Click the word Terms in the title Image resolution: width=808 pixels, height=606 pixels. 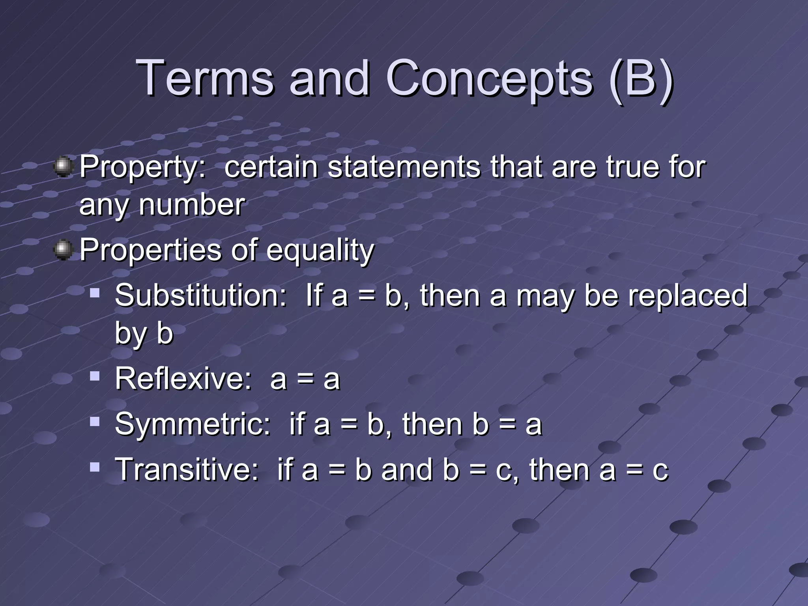coord(205,78)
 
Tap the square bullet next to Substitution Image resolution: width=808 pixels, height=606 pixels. coord(95,293)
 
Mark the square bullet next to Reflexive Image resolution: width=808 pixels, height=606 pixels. coord(95,376)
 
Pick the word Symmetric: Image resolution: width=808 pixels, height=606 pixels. coord(193,425)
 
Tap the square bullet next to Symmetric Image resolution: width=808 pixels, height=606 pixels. coord(95,422)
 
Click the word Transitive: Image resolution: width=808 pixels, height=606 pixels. coord(187,470)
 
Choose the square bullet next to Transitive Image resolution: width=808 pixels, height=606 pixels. coord(95,468)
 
